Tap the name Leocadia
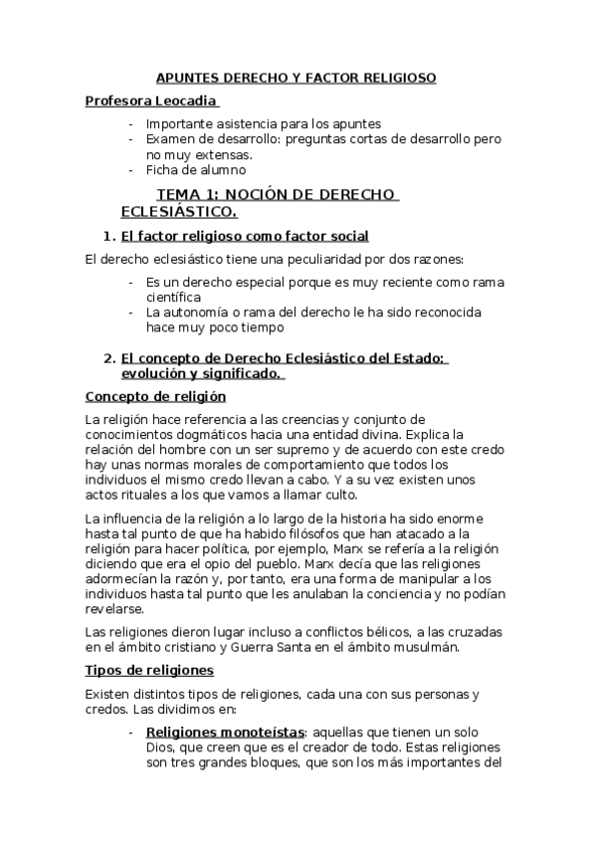(183, 101)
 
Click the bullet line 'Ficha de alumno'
(195, 169)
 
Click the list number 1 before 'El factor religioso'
(108, 236)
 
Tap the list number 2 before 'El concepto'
(108, 358)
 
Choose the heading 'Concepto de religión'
(155, 396)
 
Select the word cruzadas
(478, 632)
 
